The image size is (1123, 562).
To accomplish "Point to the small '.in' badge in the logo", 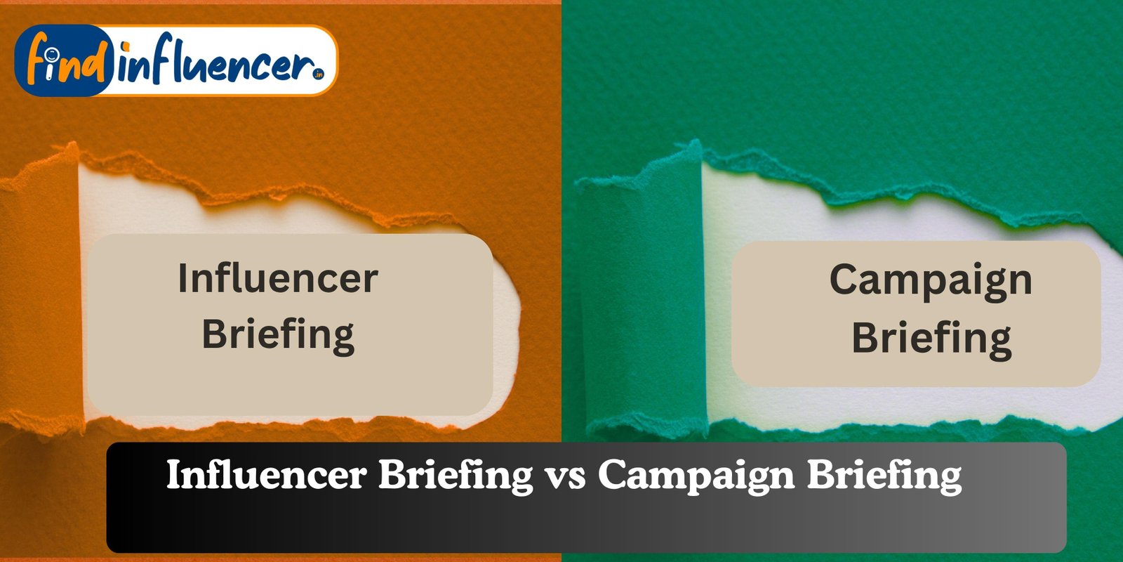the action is [x=318, y=74].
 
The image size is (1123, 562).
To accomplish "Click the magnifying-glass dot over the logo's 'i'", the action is [x=50, y=53].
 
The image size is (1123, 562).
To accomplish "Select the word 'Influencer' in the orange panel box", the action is [x=278, y=278].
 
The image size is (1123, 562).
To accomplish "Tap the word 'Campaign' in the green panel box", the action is [x=931, y=282].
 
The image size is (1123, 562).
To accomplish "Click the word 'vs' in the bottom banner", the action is [x=566, y=475].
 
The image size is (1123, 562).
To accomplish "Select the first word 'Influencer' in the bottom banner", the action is [x=266, y=475].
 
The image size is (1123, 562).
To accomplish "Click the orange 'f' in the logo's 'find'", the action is [x=38, y=59].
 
